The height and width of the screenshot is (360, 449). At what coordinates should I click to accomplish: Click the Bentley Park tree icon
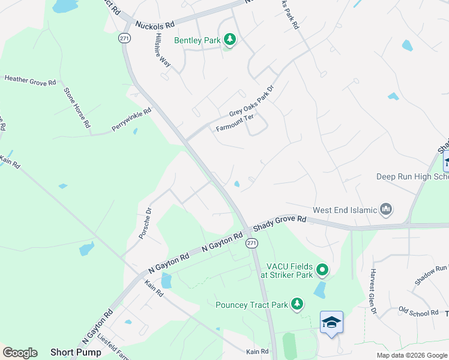pyautogui.click(x=229, y=40)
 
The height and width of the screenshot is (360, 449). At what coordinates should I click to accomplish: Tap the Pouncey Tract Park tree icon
pyautogui.click(x=297, y=304)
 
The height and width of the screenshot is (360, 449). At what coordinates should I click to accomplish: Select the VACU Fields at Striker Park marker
pyautogui.click(x=322, y=271)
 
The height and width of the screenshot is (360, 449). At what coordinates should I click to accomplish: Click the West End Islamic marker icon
pyautogui.click(x=385, y=209)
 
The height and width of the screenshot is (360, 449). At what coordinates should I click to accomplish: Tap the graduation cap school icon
pyautogui.click(x=331, y=323)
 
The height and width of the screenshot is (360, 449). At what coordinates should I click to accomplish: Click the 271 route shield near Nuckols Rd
pyautogui.click(x=124, y=38)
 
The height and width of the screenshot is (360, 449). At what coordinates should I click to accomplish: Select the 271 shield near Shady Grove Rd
pyautogui.click(x=251, y=243)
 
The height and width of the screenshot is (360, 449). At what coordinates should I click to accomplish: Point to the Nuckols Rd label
pyautogui.click(x=155, y=25)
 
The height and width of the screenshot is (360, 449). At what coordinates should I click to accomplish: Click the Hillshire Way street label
pyautogui.click(x=160, y=53)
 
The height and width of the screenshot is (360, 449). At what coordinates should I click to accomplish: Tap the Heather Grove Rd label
pyautogui.click(x=30, y=79)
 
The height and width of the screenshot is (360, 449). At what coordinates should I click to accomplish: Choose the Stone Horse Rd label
pyautogui.click(x=77, y=108)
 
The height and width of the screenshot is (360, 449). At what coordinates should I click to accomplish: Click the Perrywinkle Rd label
pyautogui.click(x=131, y=120)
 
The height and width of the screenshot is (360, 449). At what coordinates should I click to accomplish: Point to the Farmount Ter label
pyautogui.click(x=239, y=122)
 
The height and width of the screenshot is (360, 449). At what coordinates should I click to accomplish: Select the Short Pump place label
pyautogui.click(x=70, y=352)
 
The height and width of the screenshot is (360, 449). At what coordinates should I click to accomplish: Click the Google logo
pyautogui.click(x=20, y=353)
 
